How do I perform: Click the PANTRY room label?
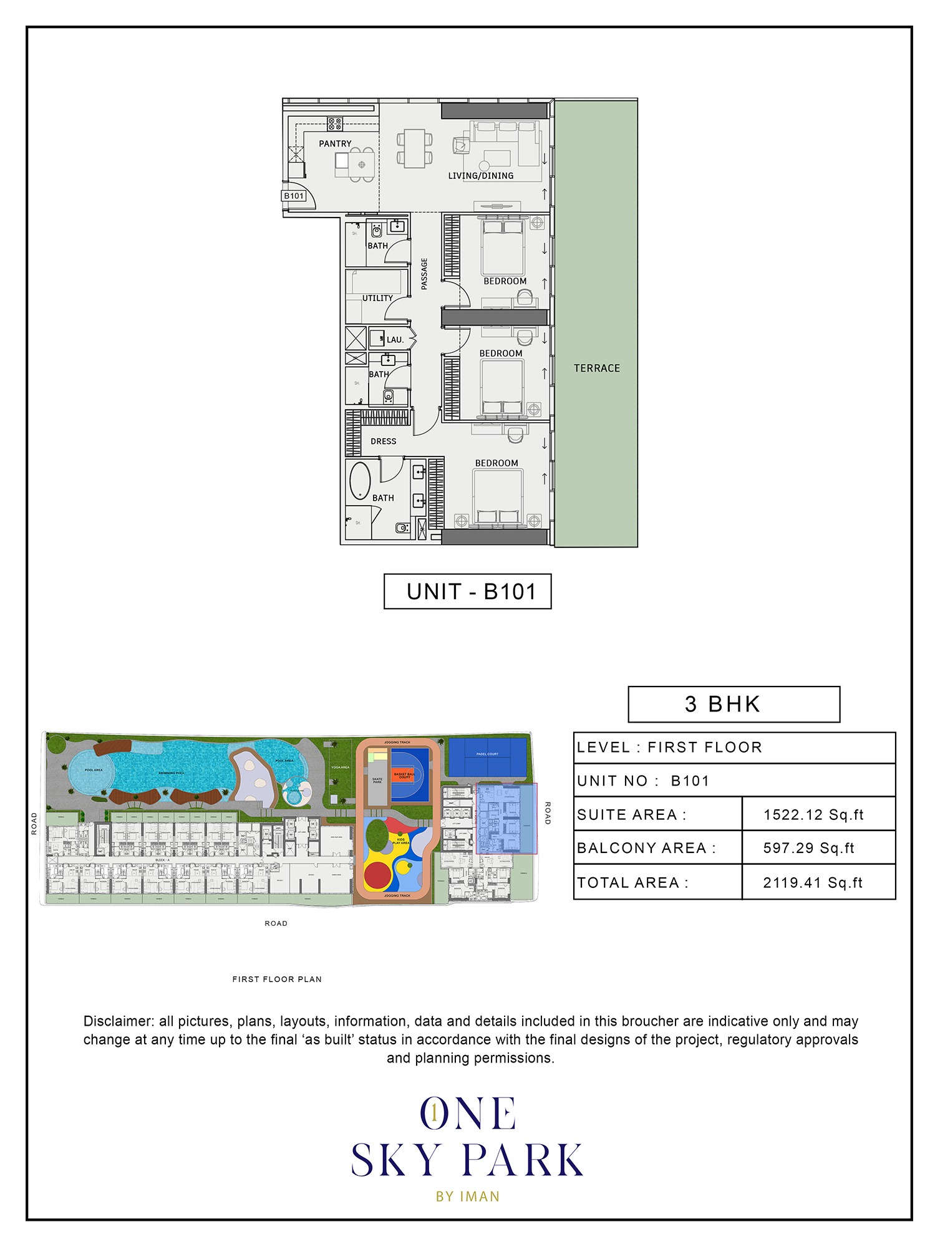335,143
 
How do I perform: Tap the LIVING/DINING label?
480,176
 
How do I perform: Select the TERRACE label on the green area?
597,368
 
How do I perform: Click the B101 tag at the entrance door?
294,196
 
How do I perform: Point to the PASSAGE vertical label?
424,274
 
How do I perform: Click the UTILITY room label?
377,298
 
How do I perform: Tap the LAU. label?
395,340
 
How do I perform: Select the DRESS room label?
383,441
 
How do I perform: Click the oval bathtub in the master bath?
360,481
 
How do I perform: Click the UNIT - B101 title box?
467,591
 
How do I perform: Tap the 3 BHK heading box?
734,704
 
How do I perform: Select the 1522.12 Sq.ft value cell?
813,815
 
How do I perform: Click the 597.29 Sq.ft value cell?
808,848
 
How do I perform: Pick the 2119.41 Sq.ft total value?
813,882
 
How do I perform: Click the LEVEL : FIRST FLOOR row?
734,748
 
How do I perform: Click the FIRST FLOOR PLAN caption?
277,980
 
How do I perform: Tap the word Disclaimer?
119,1021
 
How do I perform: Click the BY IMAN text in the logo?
468,1196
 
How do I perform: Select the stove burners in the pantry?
335,123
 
